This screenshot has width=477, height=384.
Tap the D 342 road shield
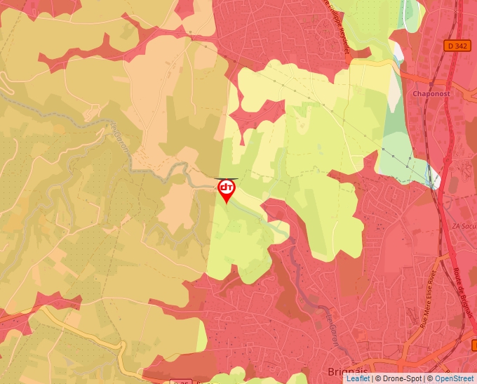(x=457, y=46)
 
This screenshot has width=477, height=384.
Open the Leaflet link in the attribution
(x=358, y=378)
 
